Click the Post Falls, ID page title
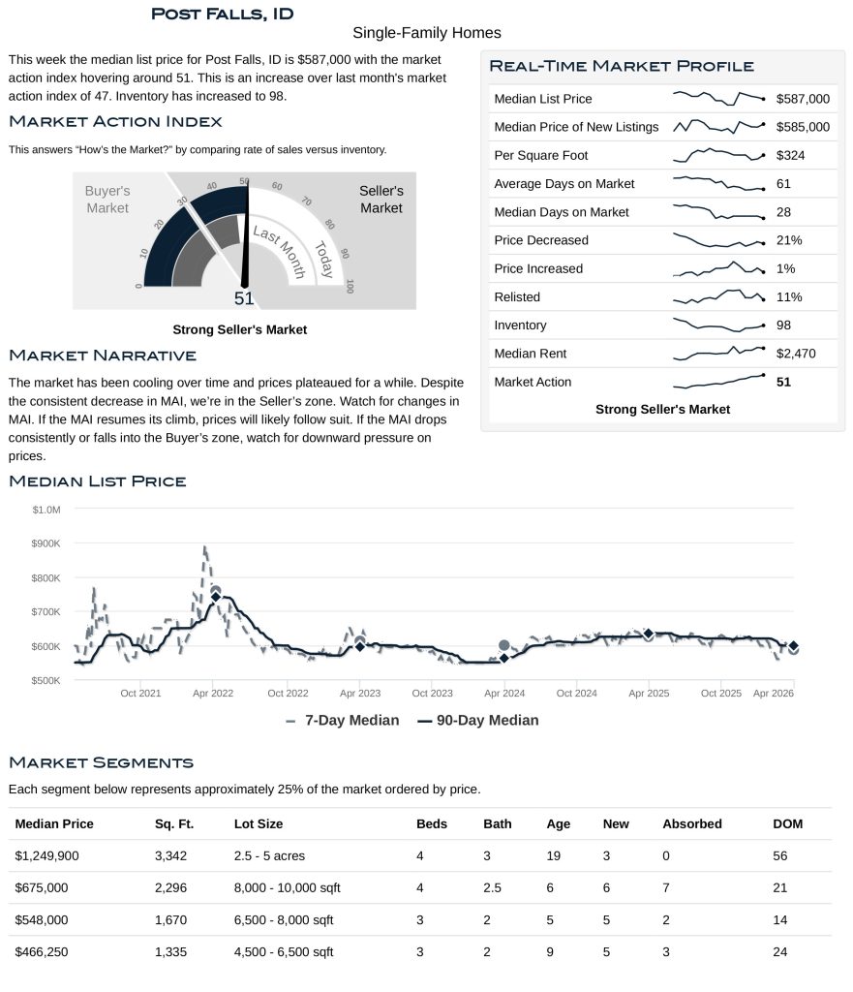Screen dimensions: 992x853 click(223, 14)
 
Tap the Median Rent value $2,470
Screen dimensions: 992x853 click(796, 354)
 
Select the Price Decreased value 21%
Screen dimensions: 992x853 click(789, 240)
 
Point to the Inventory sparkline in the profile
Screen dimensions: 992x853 click(718, 325)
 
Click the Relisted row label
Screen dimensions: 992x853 click(517, 297)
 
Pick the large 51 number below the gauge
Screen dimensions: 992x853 click(244, 298)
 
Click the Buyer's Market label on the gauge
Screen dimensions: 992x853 click(107, 200)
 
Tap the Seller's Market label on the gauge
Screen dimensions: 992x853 click(381, 200)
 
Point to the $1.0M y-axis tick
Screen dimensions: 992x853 click(46, 510)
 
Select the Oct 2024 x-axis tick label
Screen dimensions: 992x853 click(577, 694)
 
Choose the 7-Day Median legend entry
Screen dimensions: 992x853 click(343, 721)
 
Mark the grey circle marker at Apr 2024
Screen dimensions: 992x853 click(503, 645)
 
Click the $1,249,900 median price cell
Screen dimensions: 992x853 click(53, 856)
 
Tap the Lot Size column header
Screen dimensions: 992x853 click(259, 824)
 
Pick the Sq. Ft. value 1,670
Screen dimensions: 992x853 click(170, 920)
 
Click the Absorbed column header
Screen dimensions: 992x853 click(691, 824)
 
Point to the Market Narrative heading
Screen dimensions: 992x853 click(103, 356)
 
